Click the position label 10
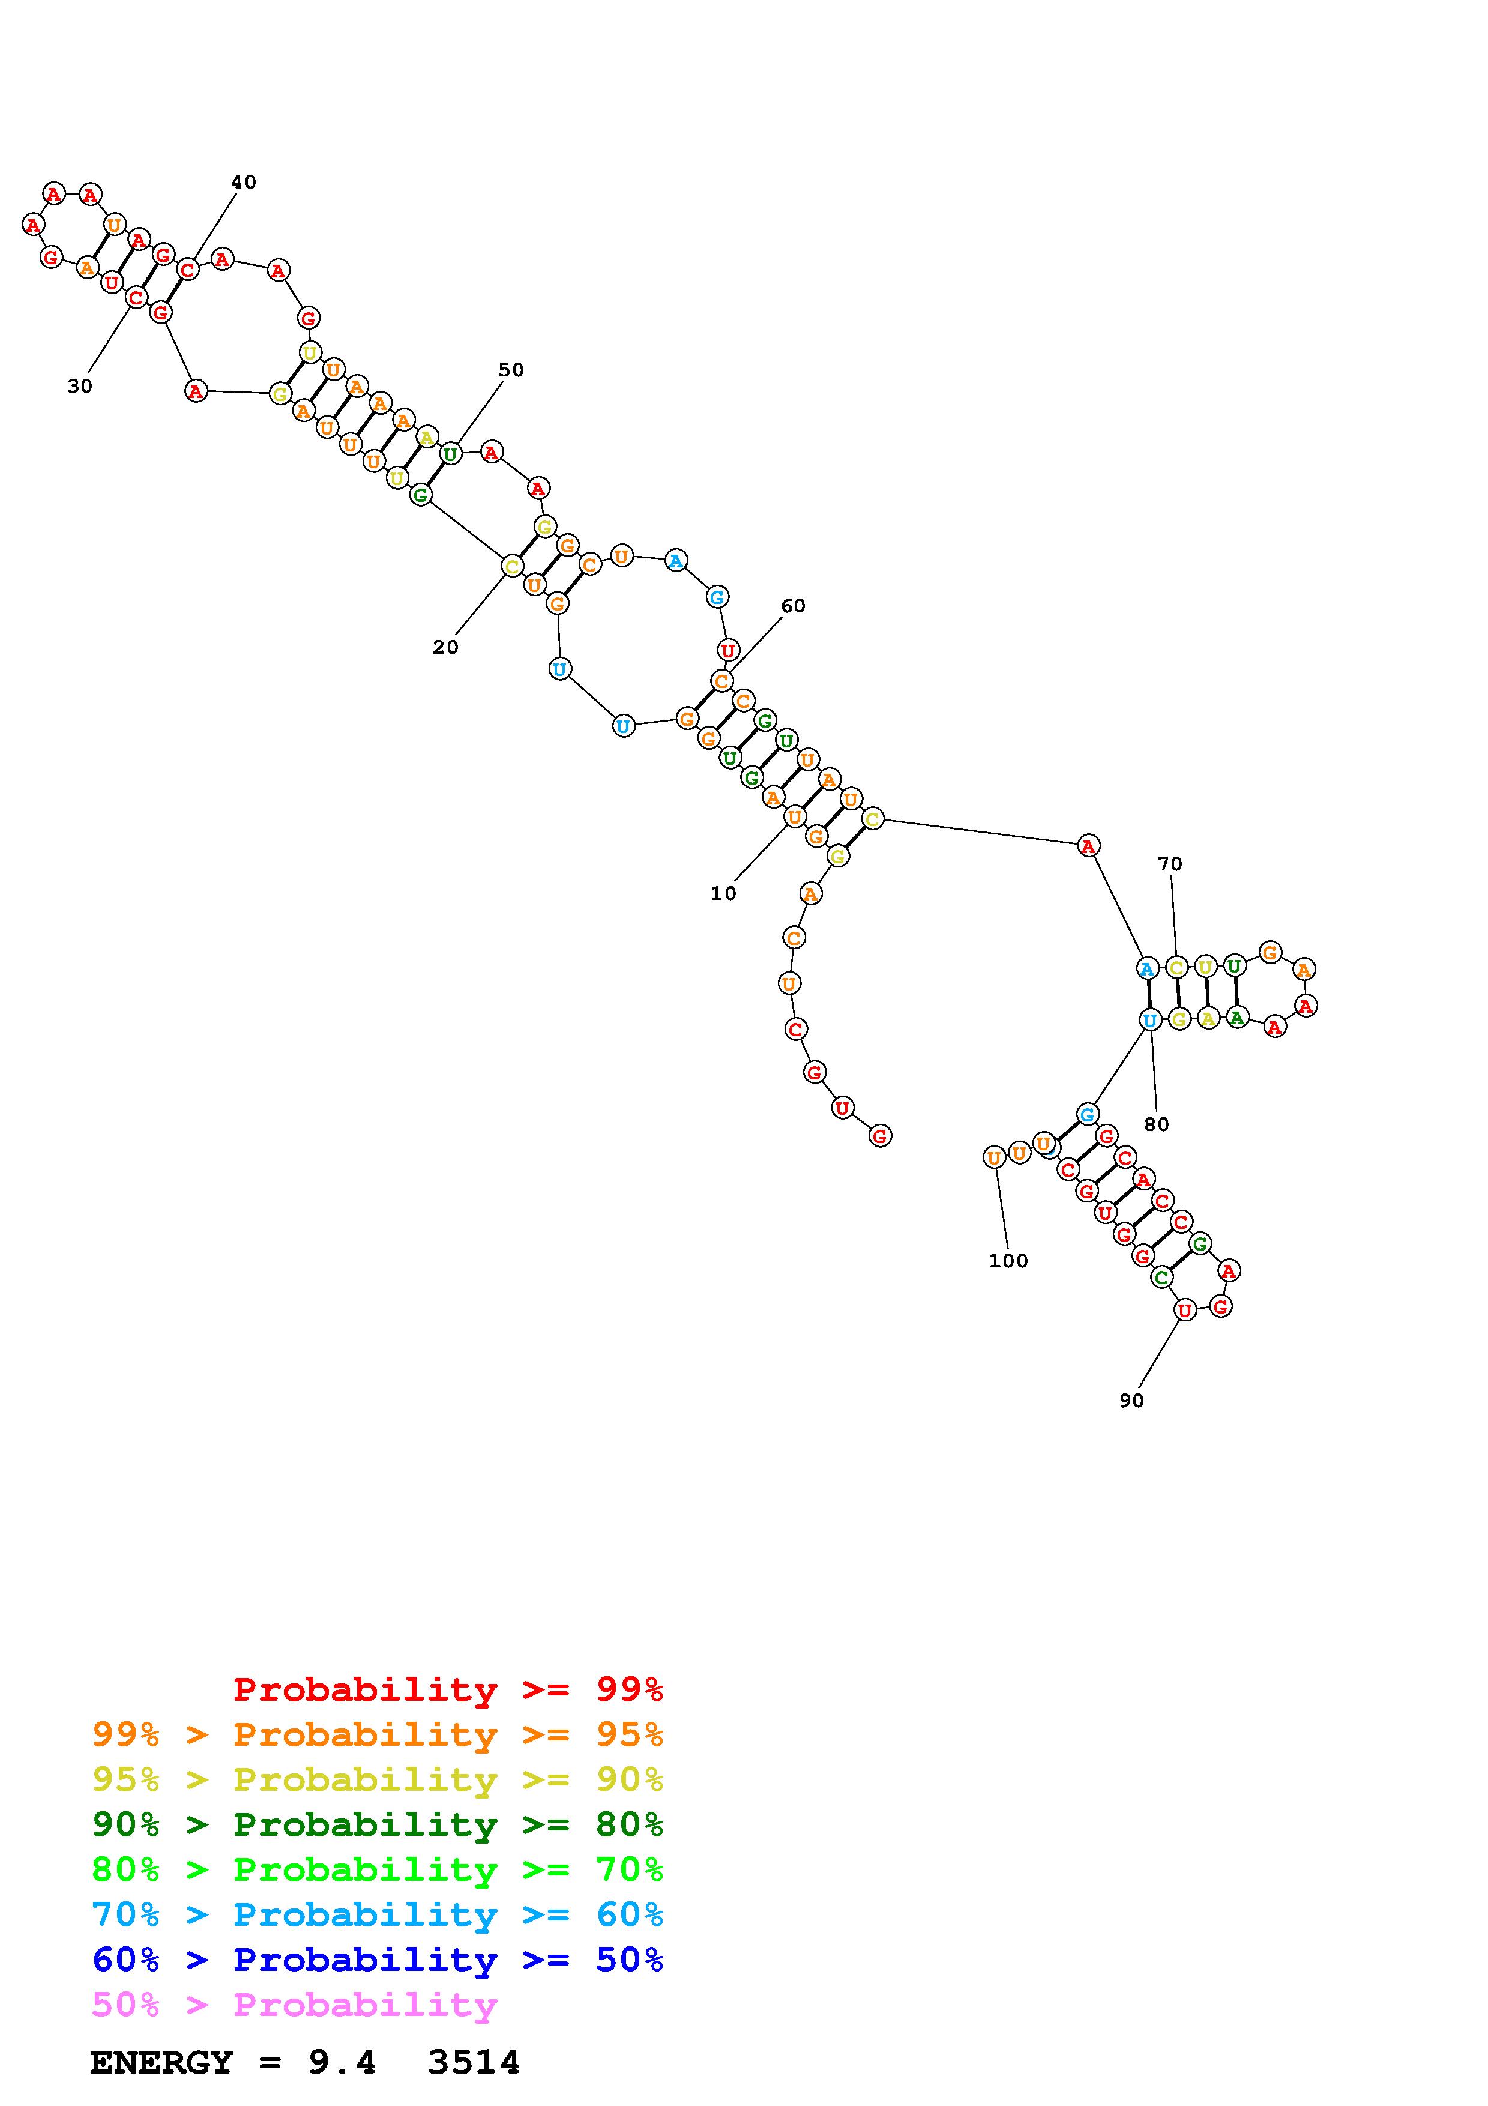click(x=723, y=893)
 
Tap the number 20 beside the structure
click(x=445, y=648)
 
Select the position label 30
click(x=80, y=386)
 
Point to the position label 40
click(x=243, y=182)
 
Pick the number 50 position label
click(x=511, y=370)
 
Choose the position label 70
click(x=1170, y=863)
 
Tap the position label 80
click(x=1156, y=1124)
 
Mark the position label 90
click(x=1131, y=1401)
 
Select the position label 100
click(x=1008, y=1261)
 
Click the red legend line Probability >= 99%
click(x=447, y=1689)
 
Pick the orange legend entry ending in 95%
click(x=378, y=1734)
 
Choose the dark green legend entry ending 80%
click(x=378, y=1824)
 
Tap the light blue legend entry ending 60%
click(x=378, y=1914)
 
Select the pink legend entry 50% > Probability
click(x=294, y=2004)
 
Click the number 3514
click(x=473, y=2063)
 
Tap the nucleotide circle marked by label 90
click(x=1184, y=1310)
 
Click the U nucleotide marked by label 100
click(x=994, y=1157)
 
